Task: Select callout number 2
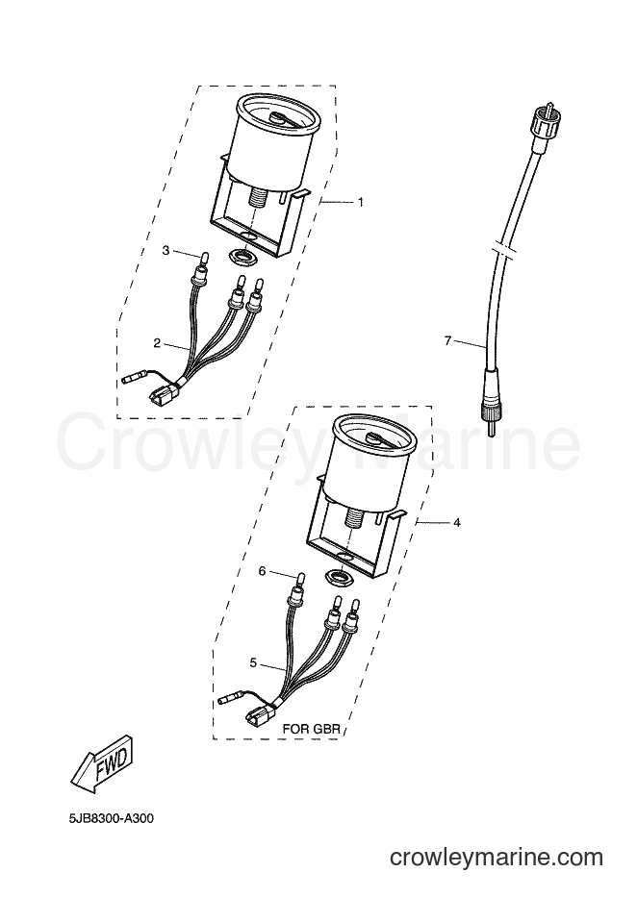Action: [x=157, y=343]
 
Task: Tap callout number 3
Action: [x=166, y=250]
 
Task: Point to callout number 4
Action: [x=456, y=522]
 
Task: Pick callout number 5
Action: [x=253, y=662]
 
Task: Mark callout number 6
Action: [x=262, y=571]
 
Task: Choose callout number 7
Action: [x=447, y=341]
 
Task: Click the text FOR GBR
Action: [x=312, y=730]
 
